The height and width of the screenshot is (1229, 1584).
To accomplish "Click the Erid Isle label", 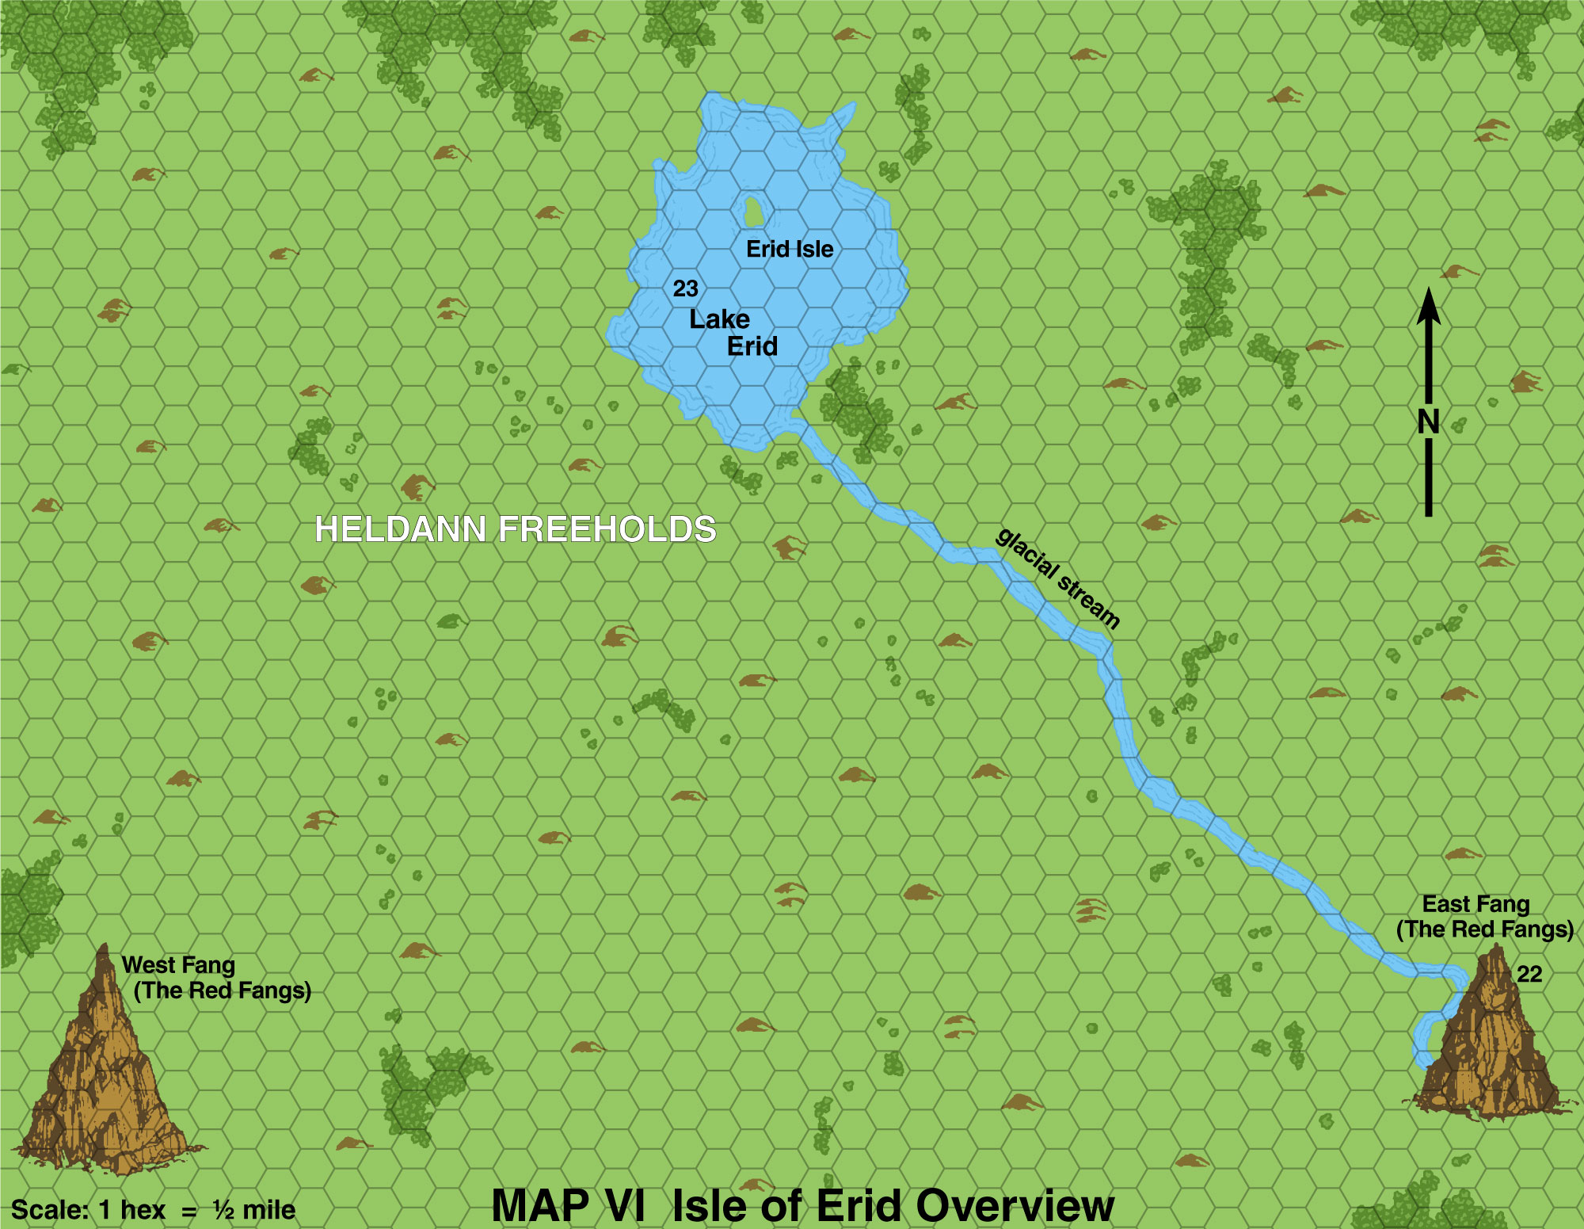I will tap(790, 249).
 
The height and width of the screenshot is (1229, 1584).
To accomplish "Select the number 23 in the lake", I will tap(686, 288).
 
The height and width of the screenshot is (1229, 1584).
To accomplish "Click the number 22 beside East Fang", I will tap(1529, 974).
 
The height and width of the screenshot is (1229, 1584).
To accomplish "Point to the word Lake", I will tap(719, 319).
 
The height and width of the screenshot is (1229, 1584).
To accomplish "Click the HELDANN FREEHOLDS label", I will tap(516, 529).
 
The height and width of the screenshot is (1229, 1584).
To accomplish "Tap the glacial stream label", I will tap(1058, 578).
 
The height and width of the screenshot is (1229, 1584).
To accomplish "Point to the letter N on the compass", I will tap(1428, 422).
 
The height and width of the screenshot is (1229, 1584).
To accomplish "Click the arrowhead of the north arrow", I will tap(1429, 306).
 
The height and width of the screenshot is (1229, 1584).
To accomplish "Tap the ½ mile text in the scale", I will tap(253, 1210).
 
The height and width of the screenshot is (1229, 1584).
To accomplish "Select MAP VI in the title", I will tap(568, 1206).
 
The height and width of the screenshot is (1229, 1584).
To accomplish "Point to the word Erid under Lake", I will tap(752, 346).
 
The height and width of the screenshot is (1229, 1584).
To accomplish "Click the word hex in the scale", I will tap(143, 1210).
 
